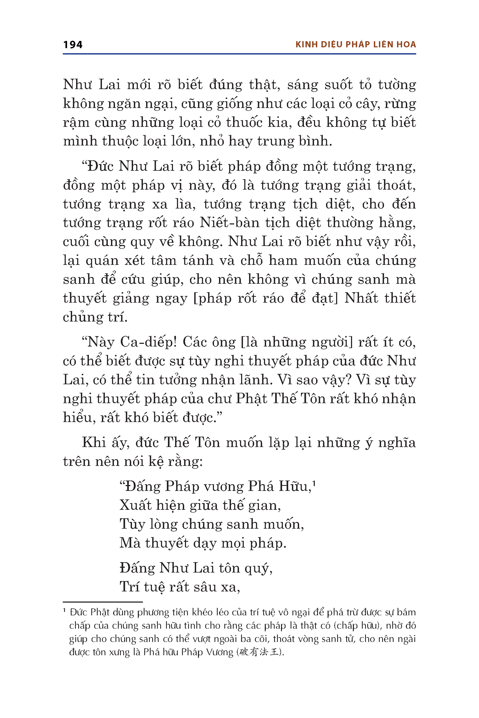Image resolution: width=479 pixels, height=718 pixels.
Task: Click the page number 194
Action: point(73,45)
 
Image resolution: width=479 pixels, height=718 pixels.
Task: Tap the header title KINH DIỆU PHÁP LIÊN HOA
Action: point(356,45)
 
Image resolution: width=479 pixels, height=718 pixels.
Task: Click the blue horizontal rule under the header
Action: point(239,54)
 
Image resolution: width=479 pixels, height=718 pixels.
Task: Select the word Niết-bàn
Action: point(229,223)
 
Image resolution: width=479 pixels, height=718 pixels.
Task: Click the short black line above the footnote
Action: point(103,602)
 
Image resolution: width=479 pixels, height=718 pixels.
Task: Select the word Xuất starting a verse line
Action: point(135,505)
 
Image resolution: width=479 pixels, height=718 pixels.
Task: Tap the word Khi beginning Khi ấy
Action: point(94,443)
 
